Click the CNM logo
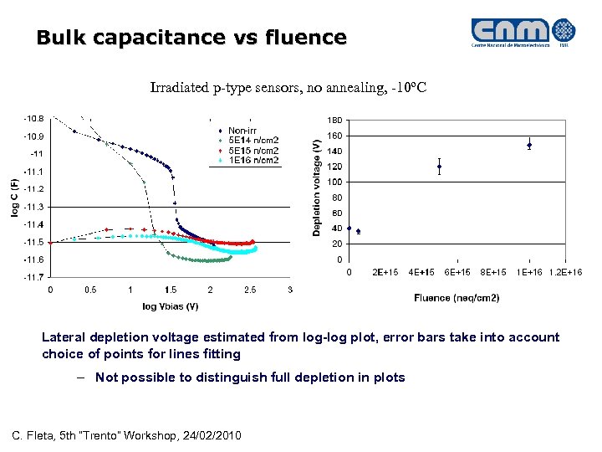pyautogui.click(x=523, y=33)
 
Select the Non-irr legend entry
pyautogui.click(x=242, y=131)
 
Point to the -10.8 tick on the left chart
pyautogui.click(x=34, y=119)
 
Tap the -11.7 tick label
pyautogui.click(x=34, y=277)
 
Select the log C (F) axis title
pyautogui.click(x=15, y=198)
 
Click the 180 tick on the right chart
pyautogui.click(x=334, y=120)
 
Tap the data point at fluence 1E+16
pyautogui.click(x=529, y=145)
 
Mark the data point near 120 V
pyautogui.click(x=439, y=167)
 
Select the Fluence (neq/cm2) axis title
pyautogui.click(x=457, y=297)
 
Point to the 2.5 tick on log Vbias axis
pyautogui.click(x=250, y=290)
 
